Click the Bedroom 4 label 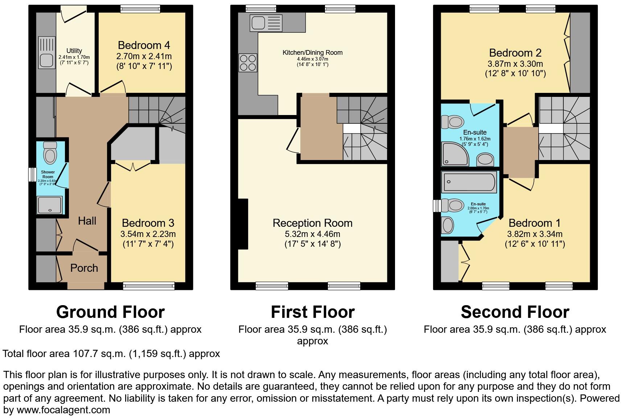coord(144,45)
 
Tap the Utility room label coord(74,51)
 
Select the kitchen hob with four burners coord(248,62)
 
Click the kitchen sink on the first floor coord(266,23)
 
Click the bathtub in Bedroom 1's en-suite coord(468,183)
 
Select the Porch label coord(84,268)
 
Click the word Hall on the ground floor coord(87,221)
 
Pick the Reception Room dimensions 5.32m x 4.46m coord(312,234)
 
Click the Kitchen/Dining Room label coord(312,53)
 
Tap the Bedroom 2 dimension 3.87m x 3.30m coord(515,64)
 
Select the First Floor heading coord(312,312)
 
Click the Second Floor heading coord(515,312)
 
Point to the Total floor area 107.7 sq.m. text coord(111,354)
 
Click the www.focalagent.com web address coord(63,410)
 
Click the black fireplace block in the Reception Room coord(243,224)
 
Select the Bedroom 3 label coord(148,223)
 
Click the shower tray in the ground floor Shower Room coord(50,205)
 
